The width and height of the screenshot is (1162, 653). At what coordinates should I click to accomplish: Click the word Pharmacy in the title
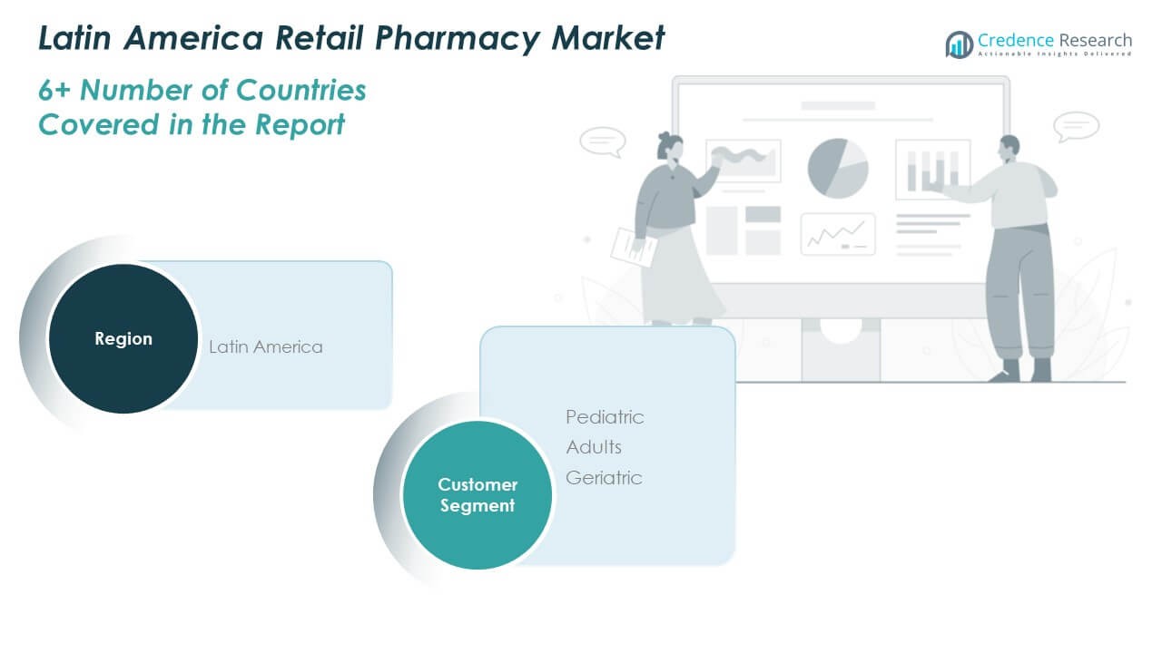pyautogui.click(x=457, y=39)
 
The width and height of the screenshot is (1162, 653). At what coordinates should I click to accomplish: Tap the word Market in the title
pyautogui.click(x=607, y=38)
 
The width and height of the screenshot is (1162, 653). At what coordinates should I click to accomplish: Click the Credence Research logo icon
pyautogui.click(x=960, y=44)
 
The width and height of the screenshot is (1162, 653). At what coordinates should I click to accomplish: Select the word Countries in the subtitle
pyautogui.click(x=300, y=90)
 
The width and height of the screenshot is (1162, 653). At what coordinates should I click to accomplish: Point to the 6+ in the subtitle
pyautogui.click(x=54, y=90)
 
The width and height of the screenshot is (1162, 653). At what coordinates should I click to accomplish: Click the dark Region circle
pyautogui.click(x=123, y=338)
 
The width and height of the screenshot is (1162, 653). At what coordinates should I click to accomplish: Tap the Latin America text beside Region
pyautogui.click(x=266, y=346)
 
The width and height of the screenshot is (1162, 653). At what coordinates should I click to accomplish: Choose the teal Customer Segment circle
pyautogui.click(x=478, y=495)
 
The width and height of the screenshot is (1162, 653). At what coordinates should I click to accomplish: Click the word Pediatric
pyautogui.click(x=605, y=417)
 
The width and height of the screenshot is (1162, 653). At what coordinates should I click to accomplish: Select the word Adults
pyautogui.click(x=594, y=447)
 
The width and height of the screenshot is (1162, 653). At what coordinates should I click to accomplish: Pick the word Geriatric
pyautogui.click(x=604, y=478)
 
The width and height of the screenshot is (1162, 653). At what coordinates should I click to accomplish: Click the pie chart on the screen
pyautogui.click(x=838, y=168)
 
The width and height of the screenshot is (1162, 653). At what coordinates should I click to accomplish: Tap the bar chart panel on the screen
pyautogui.click(x=933, y=170)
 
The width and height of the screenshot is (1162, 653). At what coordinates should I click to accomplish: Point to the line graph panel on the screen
pyautogui.click(x=838, y=234)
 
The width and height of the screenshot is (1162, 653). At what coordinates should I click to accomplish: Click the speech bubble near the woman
pyautogui.click(x=603, y=141)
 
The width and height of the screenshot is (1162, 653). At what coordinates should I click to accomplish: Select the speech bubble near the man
pyautogui.click(x=1076, y=126)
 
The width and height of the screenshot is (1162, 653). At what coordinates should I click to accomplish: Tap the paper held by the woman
pyautogui.click(x=634, y=249)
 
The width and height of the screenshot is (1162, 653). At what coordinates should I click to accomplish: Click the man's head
pyautogui.click(x=1009, y=149)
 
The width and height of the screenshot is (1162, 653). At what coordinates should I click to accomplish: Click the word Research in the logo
pyautogui.click(x=1095, y=40)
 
